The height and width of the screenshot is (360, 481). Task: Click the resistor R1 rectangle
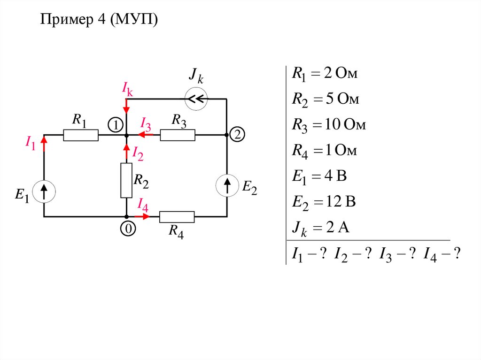click(x=81, y=136)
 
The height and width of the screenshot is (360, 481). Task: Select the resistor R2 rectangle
click(x=126, y=181)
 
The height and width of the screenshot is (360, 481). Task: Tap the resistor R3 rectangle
click(x=178, y=136)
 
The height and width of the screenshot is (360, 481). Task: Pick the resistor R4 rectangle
click(x=177, y=217)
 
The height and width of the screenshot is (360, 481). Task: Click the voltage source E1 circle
click(x=44, y=191)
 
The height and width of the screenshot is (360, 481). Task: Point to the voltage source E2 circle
click(x=227, y=186)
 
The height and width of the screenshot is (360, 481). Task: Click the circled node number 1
click(x=115, y=124)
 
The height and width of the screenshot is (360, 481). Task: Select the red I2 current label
click(x=137, y=153)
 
